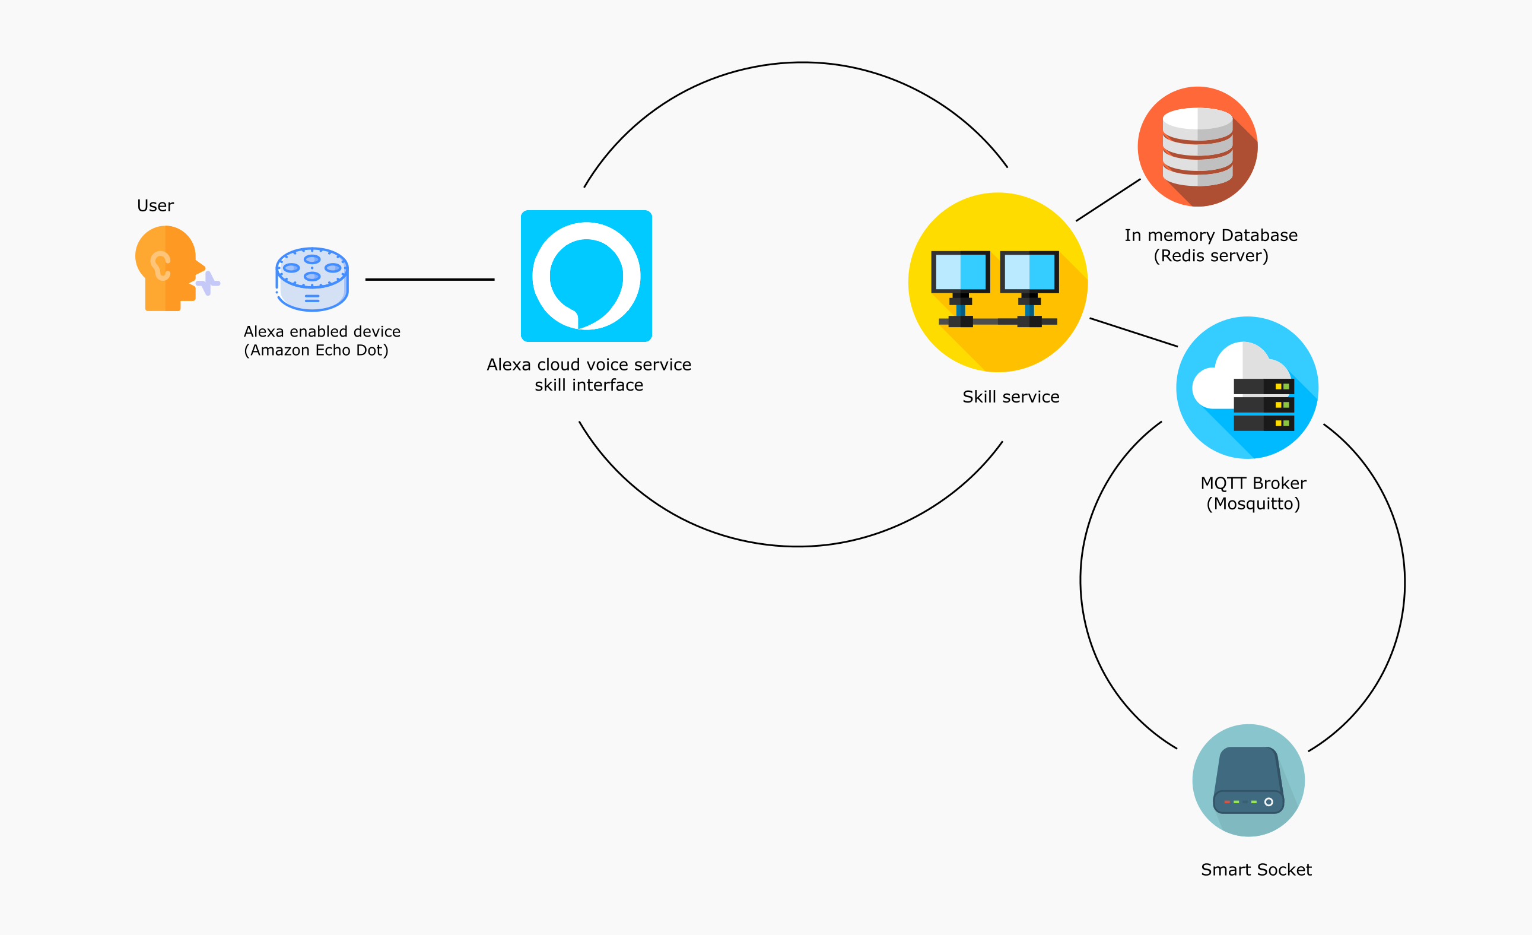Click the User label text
pyautogui.click(x=155, y=206)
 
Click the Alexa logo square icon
pyautogui.click(x=586, y=275)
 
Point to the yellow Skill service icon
pyautogui.click(x=997, y=283)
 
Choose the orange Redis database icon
pyautogui.click(x=1197, y=147)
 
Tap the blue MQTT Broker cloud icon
pyautogui.click(x=1247, y=388)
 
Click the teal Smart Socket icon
pyautogui.click(x=1248, y=780)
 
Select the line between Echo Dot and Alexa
pyautogui.click(x=430, y=280)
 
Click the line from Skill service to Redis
pyautogui.click(x=1108, y=200)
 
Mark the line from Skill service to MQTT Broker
pyautogui.click(x=1133, y=332)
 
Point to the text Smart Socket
pyautogui.click(x=1256, y=870)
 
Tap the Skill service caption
pyautogui.click(x=1010, y=397)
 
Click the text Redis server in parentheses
pyautogui.click(x=1210, y=256)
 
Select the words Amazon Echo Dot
pyautogui.click(x=316, y=351)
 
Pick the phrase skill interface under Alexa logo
pyautogui.click(x=588, y=386)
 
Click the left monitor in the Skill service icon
pyautogui.click(x=960, y=272)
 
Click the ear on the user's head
pyautogui.click(x=160, y=265)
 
